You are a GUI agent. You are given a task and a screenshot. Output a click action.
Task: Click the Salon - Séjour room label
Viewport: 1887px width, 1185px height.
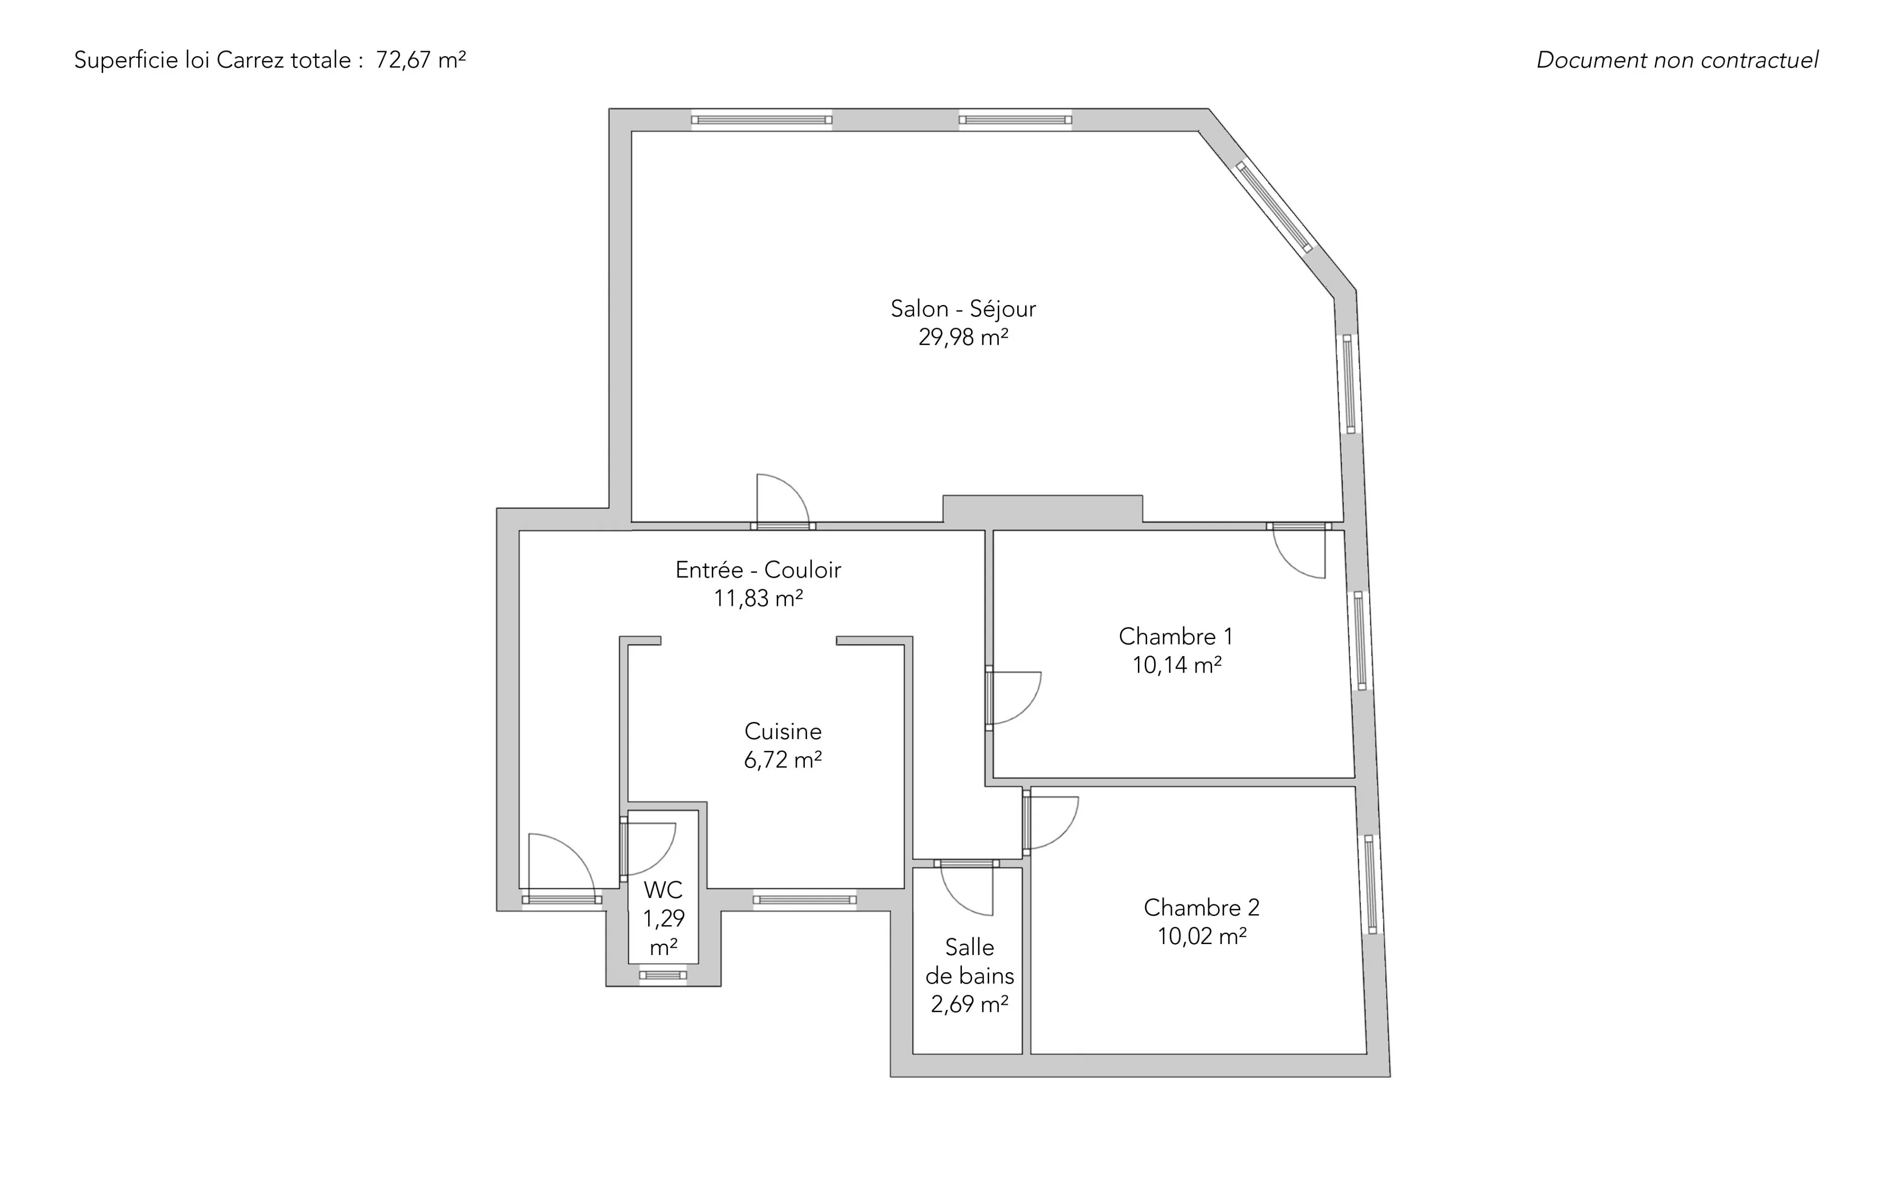963,309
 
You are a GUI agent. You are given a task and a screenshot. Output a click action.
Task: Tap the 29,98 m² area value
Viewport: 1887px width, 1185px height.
963,337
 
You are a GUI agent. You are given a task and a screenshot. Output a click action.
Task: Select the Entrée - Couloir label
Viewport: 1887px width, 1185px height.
758,570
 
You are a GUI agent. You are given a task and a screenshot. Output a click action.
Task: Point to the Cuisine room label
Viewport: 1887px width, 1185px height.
783,731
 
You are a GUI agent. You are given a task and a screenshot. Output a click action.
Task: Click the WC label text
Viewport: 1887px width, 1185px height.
663,890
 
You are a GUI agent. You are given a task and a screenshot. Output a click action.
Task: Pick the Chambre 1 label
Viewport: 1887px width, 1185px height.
1175,636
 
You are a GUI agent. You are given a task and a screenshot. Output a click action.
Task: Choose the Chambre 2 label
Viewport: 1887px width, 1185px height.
1201,908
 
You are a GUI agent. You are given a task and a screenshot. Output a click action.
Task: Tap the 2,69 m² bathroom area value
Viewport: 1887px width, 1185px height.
969,1004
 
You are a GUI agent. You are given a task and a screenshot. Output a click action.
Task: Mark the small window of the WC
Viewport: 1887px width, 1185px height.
663,975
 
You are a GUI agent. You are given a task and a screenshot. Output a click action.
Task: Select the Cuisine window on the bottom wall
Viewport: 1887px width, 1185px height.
805,900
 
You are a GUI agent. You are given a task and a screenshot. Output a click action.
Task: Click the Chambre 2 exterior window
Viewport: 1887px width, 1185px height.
1371,884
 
